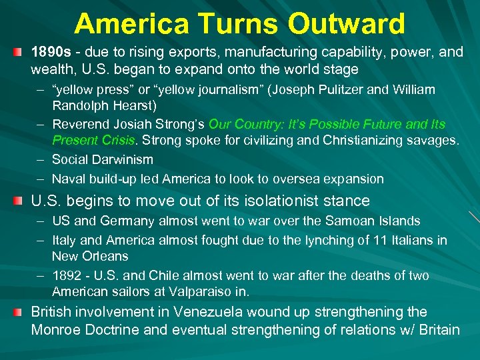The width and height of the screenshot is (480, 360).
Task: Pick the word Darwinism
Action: (122, 159)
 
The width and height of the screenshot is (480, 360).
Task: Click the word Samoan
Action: (347, 221)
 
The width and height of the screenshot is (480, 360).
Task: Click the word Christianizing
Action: (365, 141)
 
